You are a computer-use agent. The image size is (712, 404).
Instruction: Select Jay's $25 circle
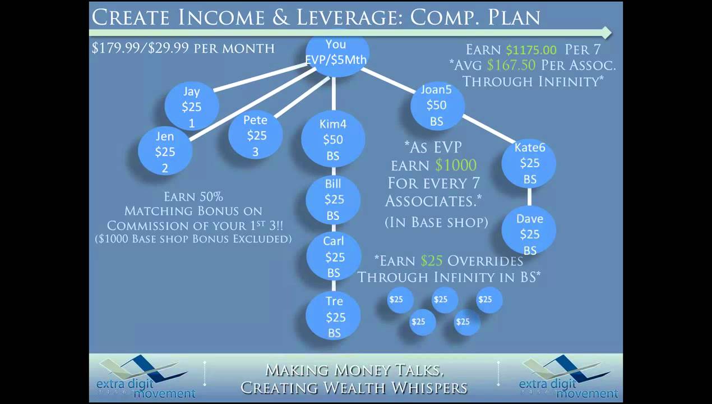[x=192, y=106]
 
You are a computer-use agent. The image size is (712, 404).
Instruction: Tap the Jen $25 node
[x=165, y=151]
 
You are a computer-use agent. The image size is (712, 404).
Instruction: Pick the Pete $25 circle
[x=256, y=135]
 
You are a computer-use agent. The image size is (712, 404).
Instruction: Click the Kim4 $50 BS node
[x=333, y=140]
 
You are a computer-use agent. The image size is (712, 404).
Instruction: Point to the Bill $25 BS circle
[x=333, y=199]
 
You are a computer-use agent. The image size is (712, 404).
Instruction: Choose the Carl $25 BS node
[x=334, y=257]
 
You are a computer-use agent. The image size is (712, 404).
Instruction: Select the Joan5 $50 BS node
[x=437, y=105]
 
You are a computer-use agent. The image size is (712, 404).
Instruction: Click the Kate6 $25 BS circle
[x=529, y=163]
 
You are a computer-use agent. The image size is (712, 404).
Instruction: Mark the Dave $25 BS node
[x=529, y=233]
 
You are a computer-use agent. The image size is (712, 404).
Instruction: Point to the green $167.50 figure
[x=512, y=65]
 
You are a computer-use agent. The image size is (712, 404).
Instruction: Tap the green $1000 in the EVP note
[x=456, y=165]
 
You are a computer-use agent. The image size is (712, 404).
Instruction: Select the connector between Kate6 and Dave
[x=529, y=198]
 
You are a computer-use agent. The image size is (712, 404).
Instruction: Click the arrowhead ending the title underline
[x=605, y=32]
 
